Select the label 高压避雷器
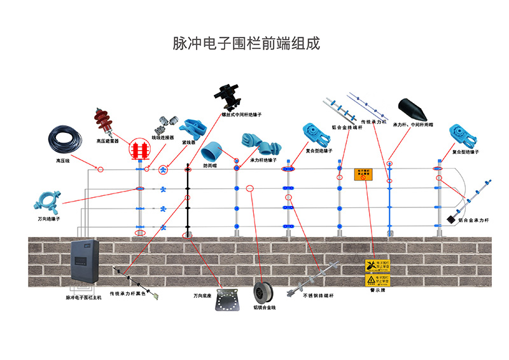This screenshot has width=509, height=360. click(107, 141)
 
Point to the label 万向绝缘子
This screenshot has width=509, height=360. click(49, 218)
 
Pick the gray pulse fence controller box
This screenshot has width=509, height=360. click(83, 264)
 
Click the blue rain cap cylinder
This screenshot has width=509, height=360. click(211, 152)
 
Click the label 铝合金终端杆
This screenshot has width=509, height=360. click(347, 127)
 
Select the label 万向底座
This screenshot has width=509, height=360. click(204, 296)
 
